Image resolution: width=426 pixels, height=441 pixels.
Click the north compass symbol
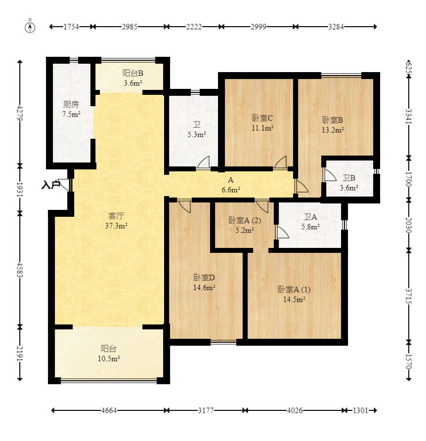(x=30, y=27)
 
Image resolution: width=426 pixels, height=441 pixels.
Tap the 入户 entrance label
(x=51, y=185)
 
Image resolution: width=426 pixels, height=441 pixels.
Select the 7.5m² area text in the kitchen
(x=71, y=114)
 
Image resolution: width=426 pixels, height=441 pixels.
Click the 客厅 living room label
(x=116, y=216)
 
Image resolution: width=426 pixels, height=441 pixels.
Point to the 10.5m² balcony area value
(x=109, y=359)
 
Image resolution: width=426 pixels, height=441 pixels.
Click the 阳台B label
(x=133, y=73)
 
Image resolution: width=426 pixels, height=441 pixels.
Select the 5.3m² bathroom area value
(x=197, y=134)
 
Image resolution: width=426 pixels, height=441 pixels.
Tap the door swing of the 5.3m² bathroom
(x=204, y=162)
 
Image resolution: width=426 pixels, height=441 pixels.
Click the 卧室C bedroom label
(x=262, y=118)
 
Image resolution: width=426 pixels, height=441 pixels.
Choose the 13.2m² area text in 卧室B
(x=333, y=130)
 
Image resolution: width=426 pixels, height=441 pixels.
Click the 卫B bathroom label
(x=349, y=178)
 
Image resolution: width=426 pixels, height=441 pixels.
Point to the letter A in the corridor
(x=230, y=180)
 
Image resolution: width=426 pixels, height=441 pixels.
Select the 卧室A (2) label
(x=245, y=220)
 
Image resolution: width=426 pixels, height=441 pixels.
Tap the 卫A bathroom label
(x=310, y=217)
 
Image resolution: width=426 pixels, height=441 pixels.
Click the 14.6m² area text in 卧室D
(x=204, y=287)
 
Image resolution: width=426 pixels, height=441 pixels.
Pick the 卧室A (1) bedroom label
(x=294, y=289)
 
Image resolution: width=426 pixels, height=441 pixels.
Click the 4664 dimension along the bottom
(x=109, y=410)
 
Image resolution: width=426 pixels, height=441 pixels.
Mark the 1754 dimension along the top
(x=71, y=27)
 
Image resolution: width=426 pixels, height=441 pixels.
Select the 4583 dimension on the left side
(x=20, y=270)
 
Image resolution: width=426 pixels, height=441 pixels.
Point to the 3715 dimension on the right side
(x=409, y=296)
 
